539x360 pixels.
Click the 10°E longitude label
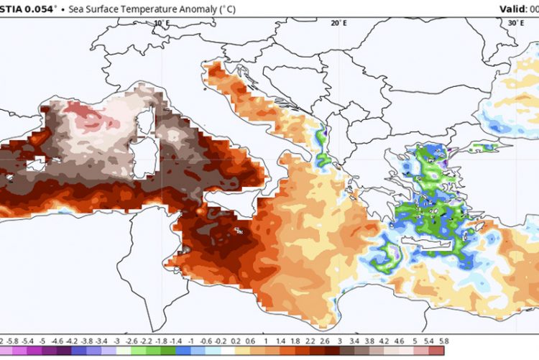click(x=162, y=23)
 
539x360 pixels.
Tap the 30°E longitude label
click(x=515, y=23)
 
